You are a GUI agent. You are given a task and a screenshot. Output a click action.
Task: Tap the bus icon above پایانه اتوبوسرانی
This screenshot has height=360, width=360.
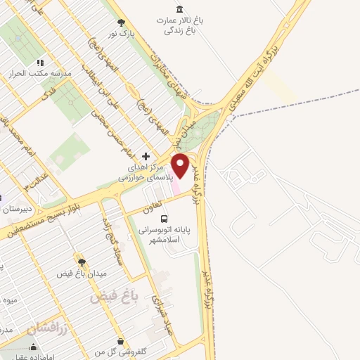pos(164,219)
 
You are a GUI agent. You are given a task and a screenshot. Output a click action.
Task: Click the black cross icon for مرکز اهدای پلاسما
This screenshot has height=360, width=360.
pos(146,156)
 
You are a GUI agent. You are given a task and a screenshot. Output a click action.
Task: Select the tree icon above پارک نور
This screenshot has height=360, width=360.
pos(121,22)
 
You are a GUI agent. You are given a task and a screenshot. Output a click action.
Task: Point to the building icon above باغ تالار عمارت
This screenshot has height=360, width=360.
pos(179,9)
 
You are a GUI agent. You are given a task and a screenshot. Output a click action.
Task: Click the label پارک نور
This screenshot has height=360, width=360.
pos(121,33)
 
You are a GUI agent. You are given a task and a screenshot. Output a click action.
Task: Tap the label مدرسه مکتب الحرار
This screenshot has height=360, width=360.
pos(32,72)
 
